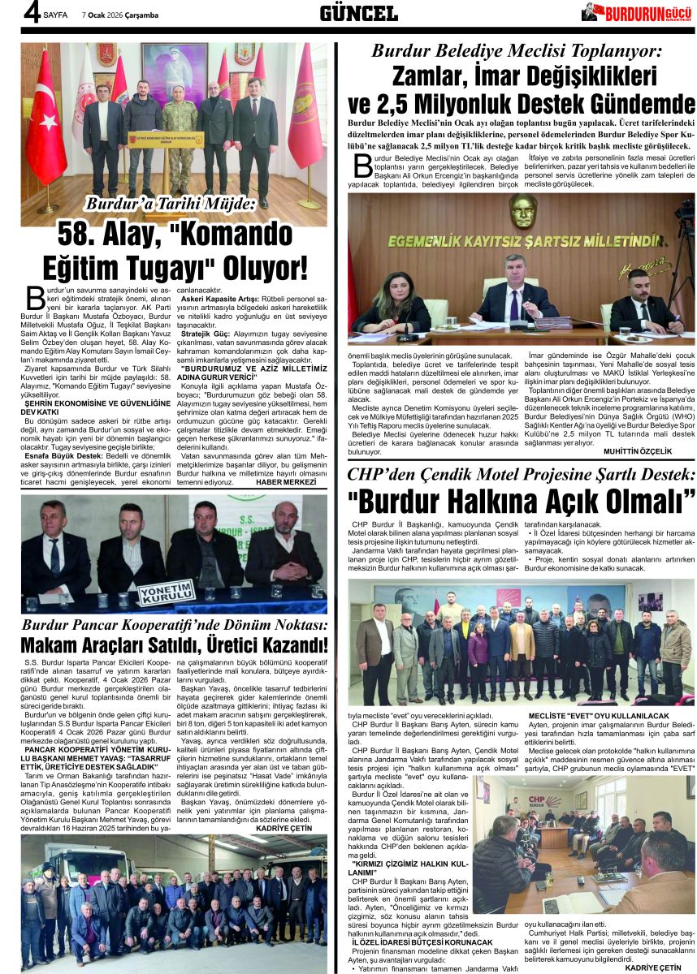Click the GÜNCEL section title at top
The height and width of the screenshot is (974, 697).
[358, 12]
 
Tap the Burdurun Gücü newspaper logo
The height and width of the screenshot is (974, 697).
[638, 12]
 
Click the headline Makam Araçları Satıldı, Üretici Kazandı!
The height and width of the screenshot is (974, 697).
[175, 645]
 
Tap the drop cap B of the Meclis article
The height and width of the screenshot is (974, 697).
[363, 164]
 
